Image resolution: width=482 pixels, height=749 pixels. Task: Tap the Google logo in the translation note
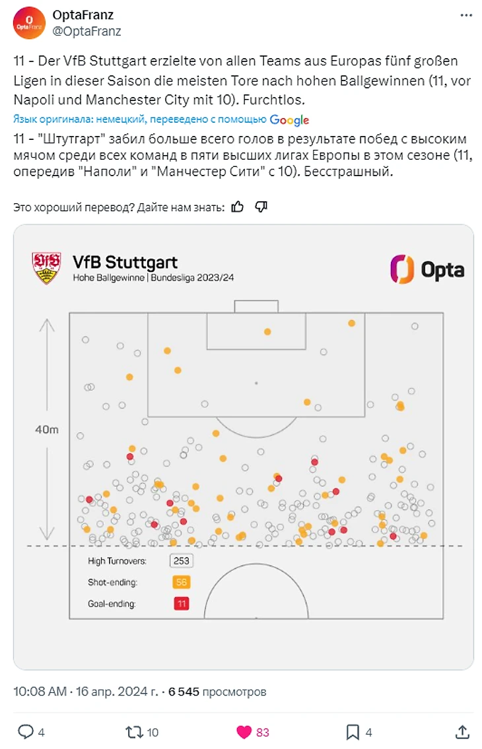[x=289, y=119]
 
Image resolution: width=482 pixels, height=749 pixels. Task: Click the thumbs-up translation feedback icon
[x=238, y=207]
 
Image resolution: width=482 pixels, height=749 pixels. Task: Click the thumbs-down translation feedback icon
[x=261, y=207]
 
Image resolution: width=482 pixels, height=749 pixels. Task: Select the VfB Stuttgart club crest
[x=46, y=268]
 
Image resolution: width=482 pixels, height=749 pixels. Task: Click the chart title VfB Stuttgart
[x=125, y=262]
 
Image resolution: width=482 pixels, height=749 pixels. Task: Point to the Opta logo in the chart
[x=427, y=269]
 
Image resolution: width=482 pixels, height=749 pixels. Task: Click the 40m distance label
[x=47, y=430]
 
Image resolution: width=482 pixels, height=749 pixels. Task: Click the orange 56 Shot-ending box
[x=181, y=583]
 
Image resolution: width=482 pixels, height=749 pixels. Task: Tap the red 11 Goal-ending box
[x=181, y=604]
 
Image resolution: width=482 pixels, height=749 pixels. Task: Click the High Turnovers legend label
[x=117, y=562]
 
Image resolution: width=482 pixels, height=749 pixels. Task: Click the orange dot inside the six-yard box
[x=267, y=332]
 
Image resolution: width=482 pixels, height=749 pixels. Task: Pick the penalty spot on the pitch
[x=256, y=383]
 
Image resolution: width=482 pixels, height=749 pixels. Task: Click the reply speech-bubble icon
[x=25, y=732]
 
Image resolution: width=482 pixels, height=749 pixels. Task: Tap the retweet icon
[x=134, y=732]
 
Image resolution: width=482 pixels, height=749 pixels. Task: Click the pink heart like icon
[x=244, y=732]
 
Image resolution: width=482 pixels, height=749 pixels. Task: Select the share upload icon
[x=463, y=732]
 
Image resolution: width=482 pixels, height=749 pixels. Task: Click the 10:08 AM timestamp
[x=40, y=692]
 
